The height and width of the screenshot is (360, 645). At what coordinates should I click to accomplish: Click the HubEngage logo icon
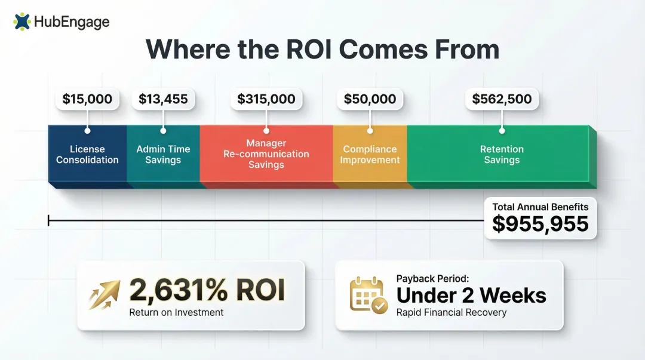[22, 22]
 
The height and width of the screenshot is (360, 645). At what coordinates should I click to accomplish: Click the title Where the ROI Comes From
[322, 50]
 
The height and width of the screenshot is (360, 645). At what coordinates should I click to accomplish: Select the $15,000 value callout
[87, 99]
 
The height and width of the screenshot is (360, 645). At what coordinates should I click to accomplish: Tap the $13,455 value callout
[163, 99]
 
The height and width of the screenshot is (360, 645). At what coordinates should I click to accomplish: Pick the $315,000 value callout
[266, 99]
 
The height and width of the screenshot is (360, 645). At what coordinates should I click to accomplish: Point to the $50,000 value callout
[370, 99]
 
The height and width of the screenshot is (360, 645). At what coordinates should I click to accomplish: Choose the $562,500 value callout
[502, 99]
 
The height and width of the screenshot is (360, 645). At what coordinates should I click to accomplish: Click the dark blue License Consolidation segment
[87, 154]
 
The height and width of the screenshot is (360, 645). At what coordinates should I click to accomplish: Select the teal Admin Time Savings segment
[163, 154]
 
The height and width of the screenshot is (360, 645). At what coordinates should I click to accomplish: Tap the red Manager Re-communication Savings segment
[266, 154]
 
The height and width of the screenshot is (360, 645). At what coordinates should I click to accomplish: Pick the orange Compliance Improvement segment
[370, 154]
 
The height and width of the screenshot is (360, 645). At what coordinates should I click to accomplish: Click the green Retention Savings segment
[502, 154]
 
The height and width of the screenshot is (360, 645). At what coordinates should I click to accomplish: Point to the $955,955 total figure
[540, 224]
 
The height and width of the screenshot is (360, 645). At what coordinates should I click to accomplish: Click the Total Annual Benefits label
[540, 207]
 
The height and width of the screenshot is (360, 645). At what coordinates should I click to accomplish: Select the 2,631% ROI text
[207, 290]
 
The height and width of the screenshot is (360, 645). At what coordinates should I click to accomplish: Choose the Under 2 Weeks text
[471, 295]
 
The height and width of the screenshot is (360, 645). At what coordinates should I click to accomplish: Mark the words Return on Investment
[176, 312]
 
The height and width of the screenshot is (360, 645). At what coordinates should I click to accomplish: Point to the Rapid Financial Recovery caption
[451, 312]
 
